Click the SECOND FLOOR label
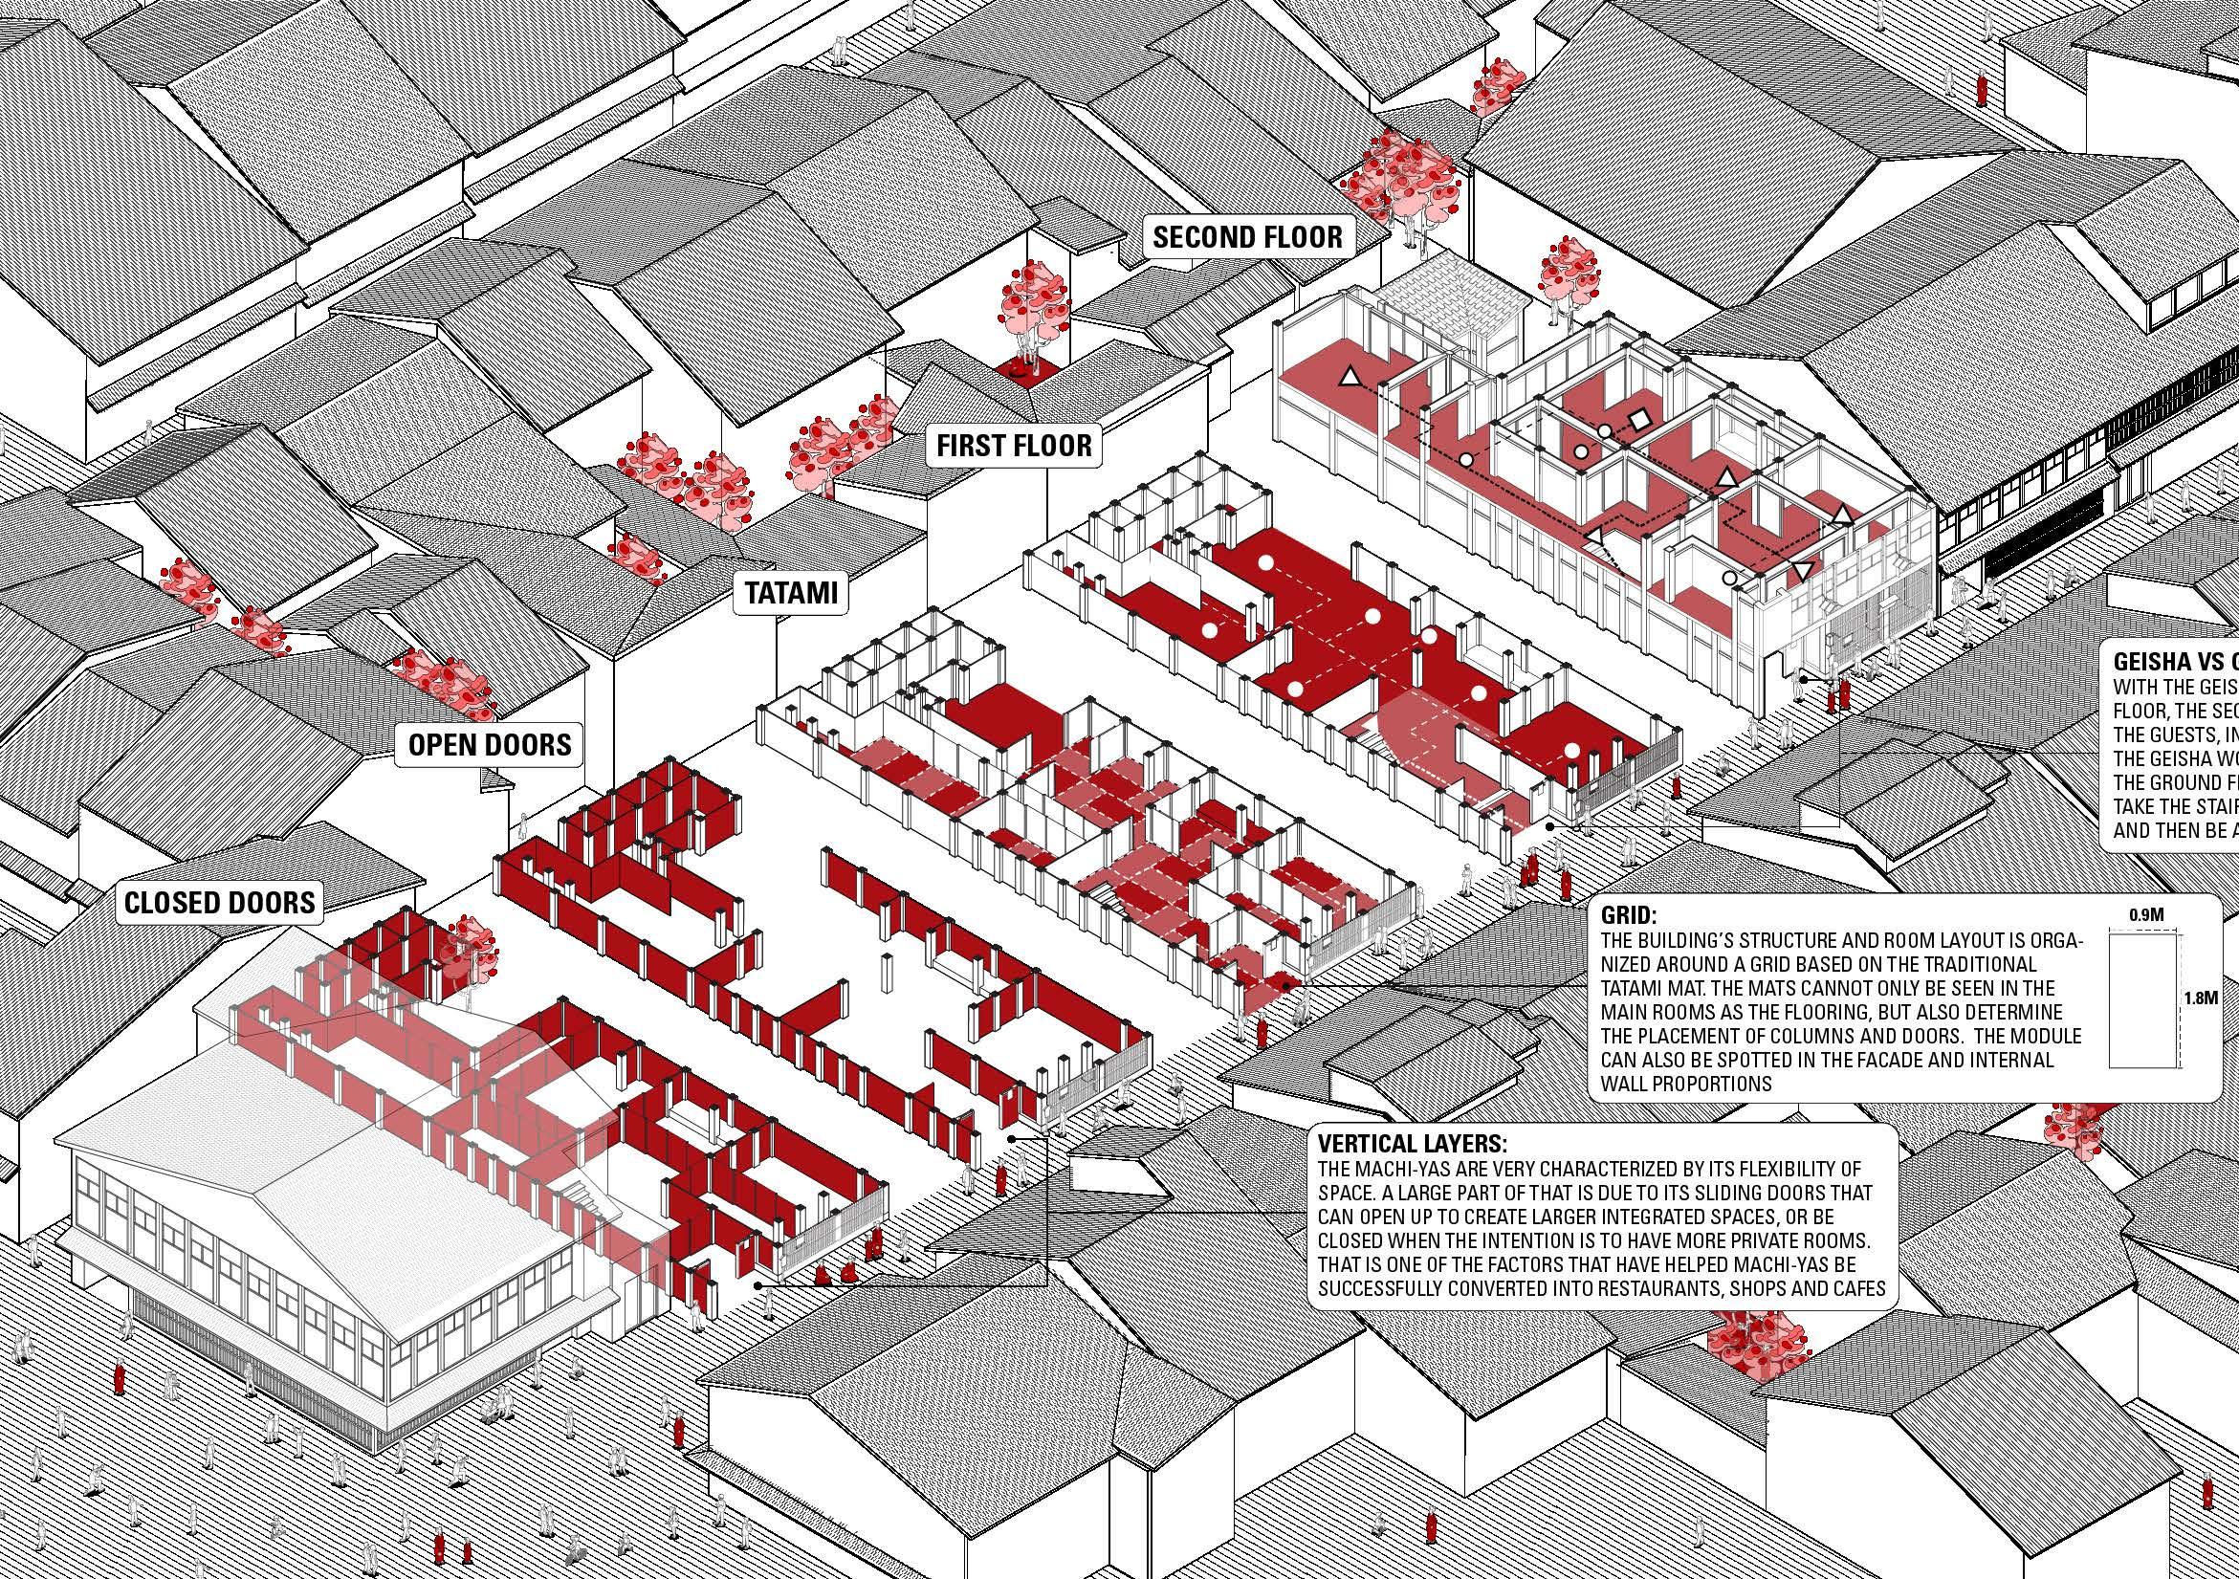click(x=1247, y=237)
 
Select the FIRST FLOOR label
click(x=1013, y=447)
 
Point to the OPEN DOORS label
click(x=489, y=745)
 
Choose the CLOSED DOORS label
click(x=220, y=901)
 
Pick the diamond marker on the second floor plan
click(x=1639, y=419)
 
